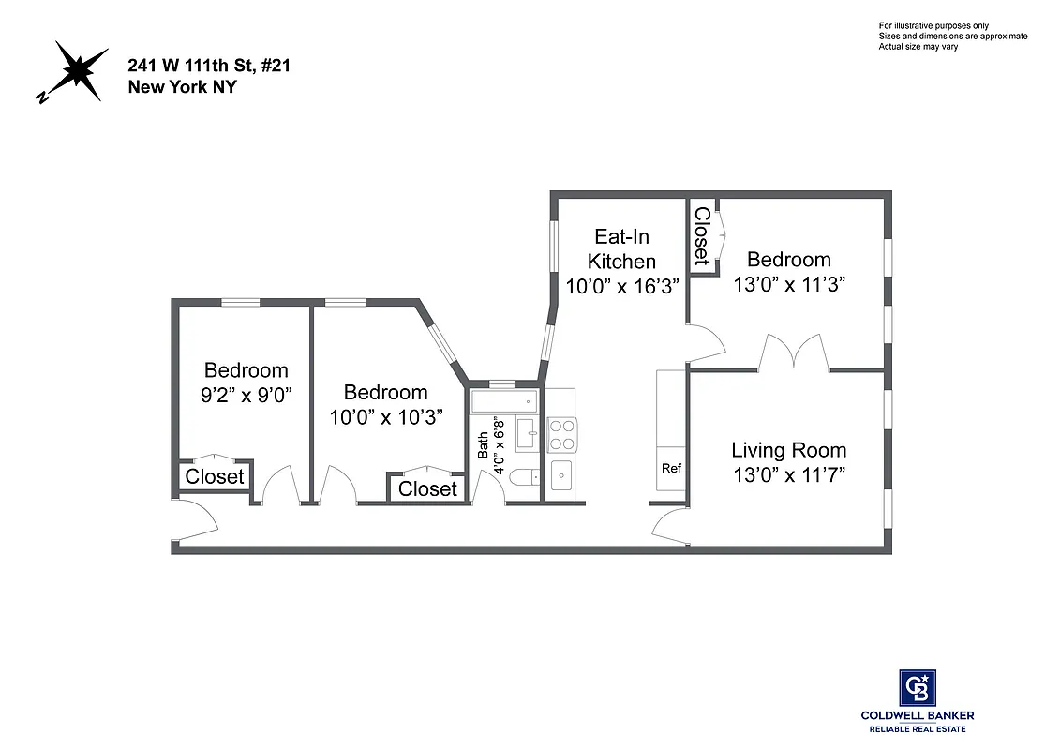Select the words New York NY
[x=170, y=87]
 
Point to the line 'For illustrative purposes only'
[x=933, y=25]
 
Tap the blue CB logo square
[x=917, y=686]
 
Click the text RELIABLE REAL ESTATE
[x=917, y=729]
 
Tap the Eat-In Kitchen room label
[x=621, y=248]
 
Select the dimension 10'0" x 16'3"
[x=622, y=286]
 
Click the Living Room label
[x=788, y=450]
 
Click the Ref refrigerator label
[x=671, y=468]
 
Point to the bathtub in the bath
[x=504, y=403]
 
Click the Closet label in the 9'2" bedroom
[x=215, y=476]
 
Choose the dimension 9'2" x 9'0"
[x=246, y=395]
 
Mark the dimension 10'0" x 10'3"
[x=385, y=417]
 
